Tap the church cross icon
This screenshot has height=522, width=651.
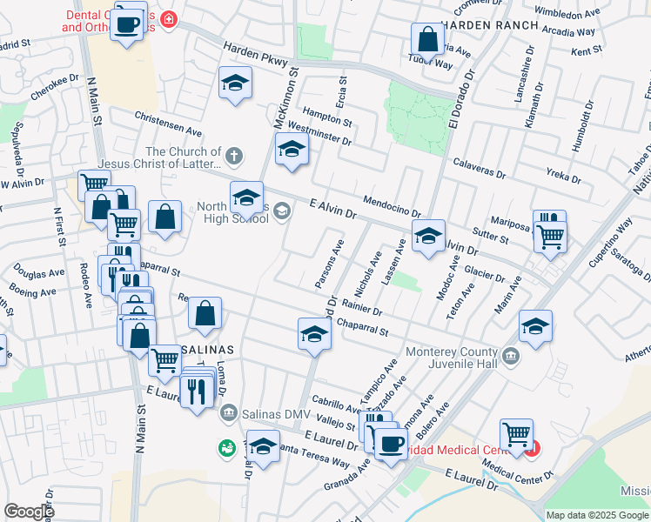click(232, 157)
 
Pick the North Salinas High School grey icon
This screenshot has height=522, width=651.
click(284, 217)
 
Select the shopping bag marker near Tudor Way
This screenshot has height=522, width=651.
click(427, 39)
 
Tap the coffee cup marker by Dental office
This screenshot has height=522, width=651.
click(129, 24)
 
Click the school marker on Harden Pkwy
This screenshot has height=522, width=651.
click(234, 84)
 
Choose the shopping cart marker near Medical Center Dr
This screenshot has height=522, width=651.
click(516, 434)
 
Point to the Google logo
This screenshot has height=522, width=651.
click(29, 512)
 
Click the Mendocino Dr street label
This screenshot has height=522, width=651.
click(392, 205)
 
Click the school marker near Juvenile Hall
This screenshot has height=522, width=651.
click(535, 327)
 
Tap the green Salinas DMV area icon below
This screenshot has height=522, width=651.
click(226, 448)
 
